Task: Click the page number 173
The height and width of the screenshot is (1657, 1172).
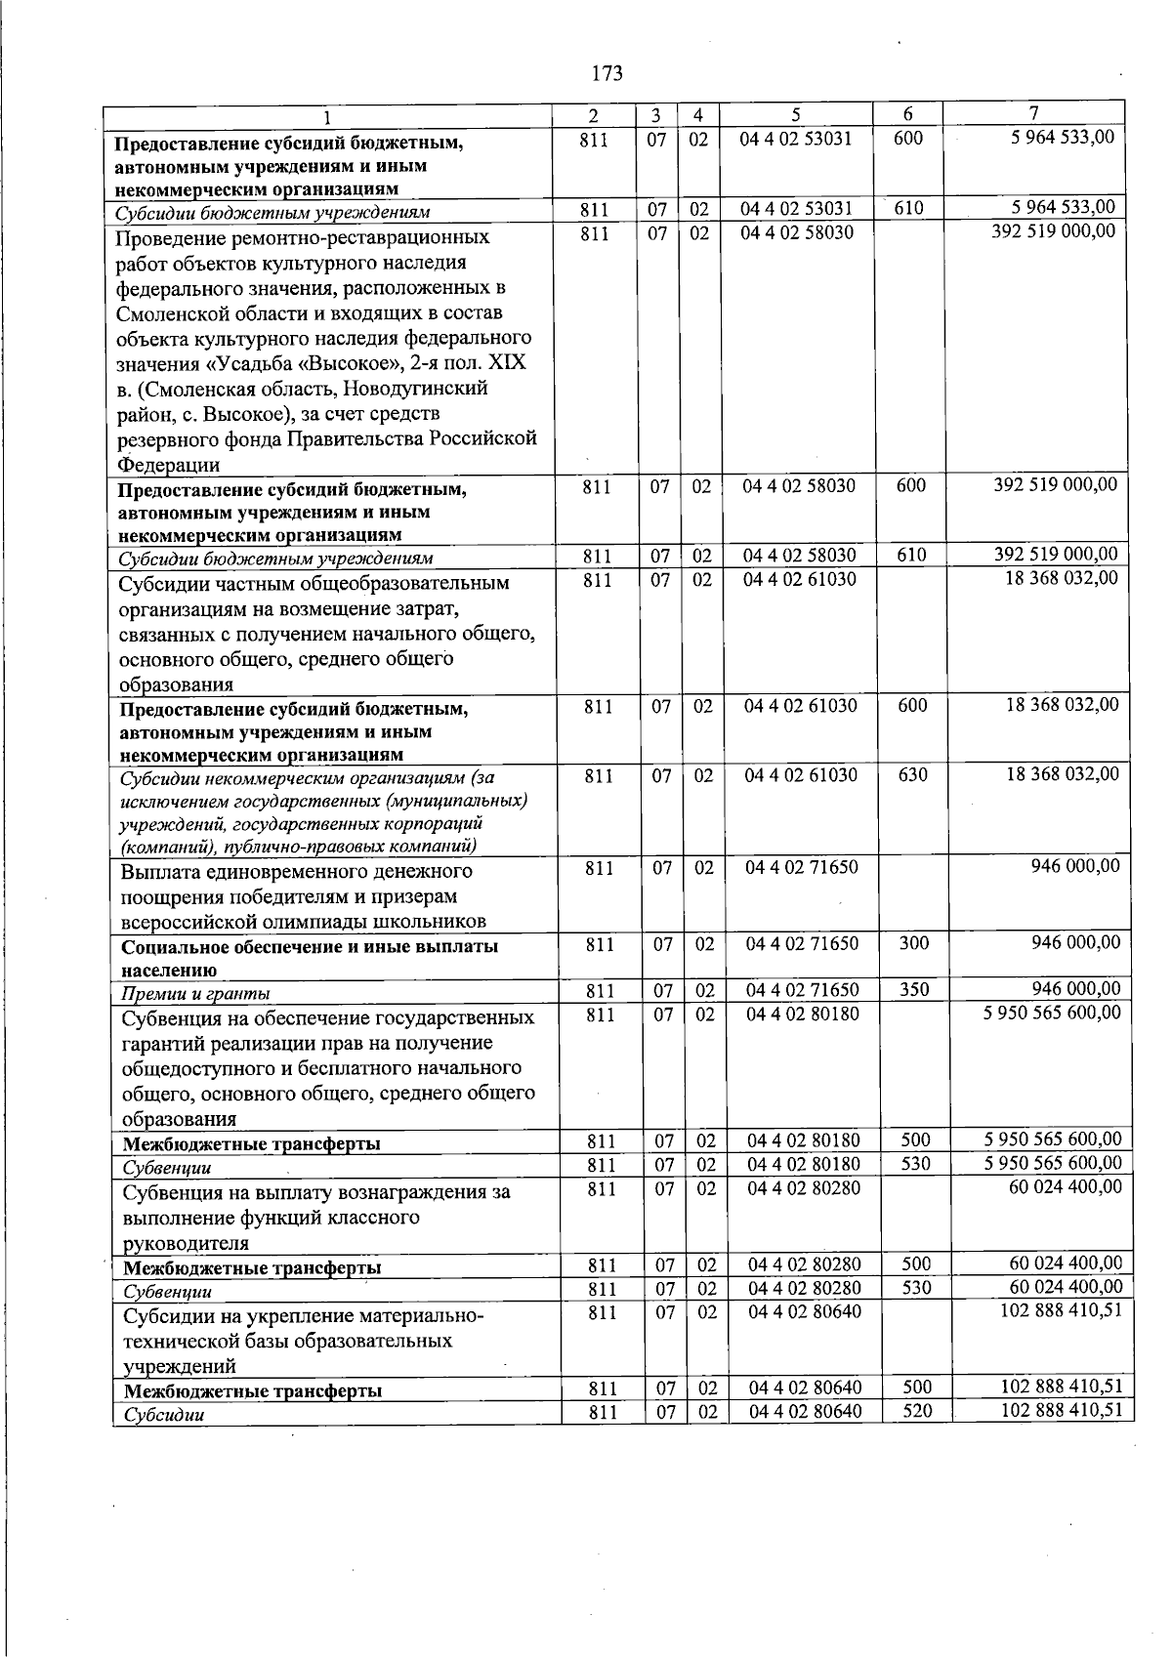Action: click(607, 73)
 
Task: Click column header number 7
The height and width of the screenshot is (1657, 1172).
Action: click(1033, 113)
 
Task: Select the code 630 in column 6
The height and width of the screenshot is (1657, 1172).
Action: click(912, 775)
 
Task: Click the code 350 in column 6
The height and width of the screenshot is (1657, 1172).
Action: click(914, 989)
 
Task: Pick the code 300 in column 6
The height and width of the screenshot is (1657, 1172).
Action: click(914, 943)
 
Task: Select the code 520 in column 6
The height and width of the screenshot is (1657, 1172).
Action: click(917, 1411)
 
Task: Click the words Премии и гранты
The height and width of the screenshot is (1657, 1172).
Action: click(195, 994)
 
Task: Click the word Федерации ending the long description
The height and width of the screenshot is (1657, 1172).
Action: click(168, 465)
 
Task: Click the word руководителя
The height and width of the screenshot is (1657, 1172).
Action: click(186, 1243)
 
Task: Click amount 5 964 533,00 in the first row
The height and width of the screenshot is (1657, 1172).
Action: click(1062, 138)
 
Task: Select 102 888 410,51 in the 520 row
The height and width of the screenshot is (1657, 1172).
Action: click(1062, 1410)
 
